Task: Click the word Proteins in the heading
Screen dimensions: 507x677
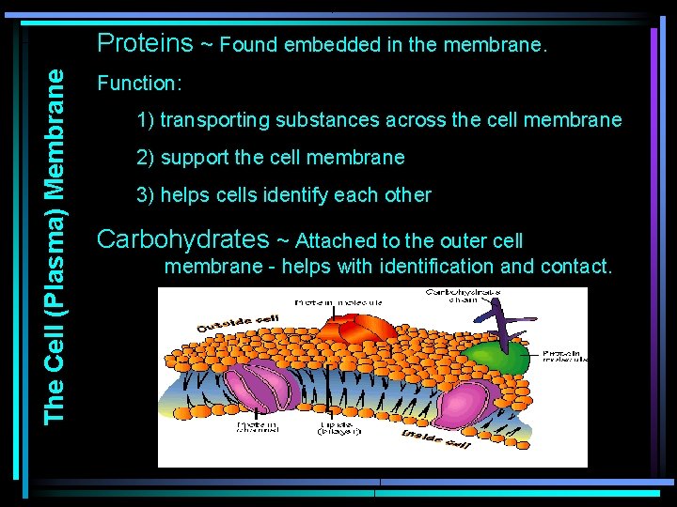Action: click(145, 43)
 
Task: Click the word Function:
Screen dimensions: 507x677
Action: click(139, 84)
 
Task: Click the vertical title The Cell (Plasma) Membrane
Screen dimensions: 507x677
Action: click(55, 244)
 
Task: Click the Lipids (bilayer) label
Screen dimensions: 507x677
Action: click(335, 428)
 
